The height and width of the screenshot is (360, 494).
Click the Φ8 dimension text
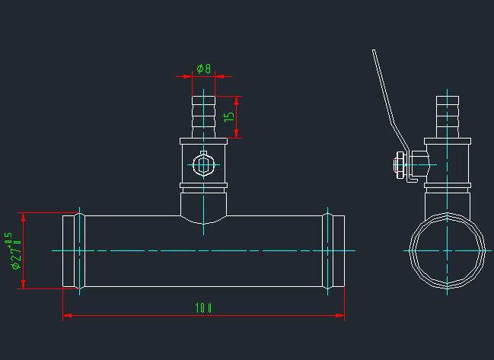tap(203, 68)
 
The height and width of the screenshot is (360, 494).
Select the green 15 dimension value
tap(229, 117)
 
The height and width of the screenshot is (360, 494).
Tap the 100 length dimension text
tap(202, 308)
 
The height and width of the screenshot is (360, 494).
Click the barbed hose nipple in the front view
tap(203, 116)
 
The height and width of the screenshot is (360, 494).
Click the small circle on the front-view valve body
tap(203, 164)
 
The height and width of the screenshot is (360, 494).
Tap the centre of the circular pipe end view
tap(448, 250)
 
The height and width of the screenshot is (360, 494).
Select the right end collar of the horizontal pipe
tap(334, 250)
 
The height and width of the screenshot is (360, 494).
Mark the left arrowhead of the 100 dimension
tap(66, 315)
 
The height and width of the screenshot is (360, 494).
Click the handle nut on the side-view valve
tap(399, 164)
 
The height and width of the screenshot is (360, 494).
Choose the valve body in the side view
tap(448, 163)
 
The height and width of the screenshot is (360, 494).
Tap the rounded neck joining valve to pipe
tap(203, 207)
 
